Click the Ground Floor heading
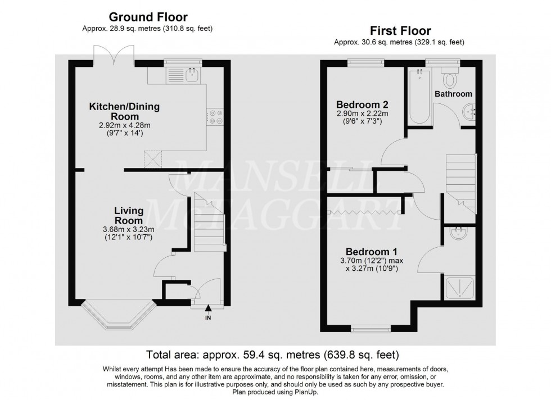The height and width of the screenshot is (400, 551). click(x=148, y=17)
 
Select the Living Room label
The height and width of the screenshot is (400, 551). click(x=129, y=216)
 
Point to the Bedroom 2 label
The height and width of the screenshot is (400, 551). click(x=363, y=104)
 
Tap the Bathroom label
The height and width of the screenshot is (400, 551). click(x=453, y=94)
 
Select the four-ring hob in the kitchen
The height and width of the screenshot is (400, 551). click(x=216, y=116)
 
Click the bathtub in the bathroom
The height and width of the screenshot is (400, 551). click(x=419, y=97)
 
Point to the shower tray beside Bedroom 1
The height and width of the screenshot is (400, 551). click(x=460, y=289)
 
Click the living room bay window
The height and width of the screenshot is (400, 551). click(x=118, y=315)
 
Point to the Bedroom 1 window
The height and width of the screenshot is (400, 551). click(x=369, y=327)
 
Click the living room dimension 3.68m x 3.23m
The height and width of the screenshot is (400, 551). click(x=129, y=230)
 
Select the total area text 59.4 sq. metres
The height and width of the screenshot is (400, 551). click(x=273, y=354)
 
